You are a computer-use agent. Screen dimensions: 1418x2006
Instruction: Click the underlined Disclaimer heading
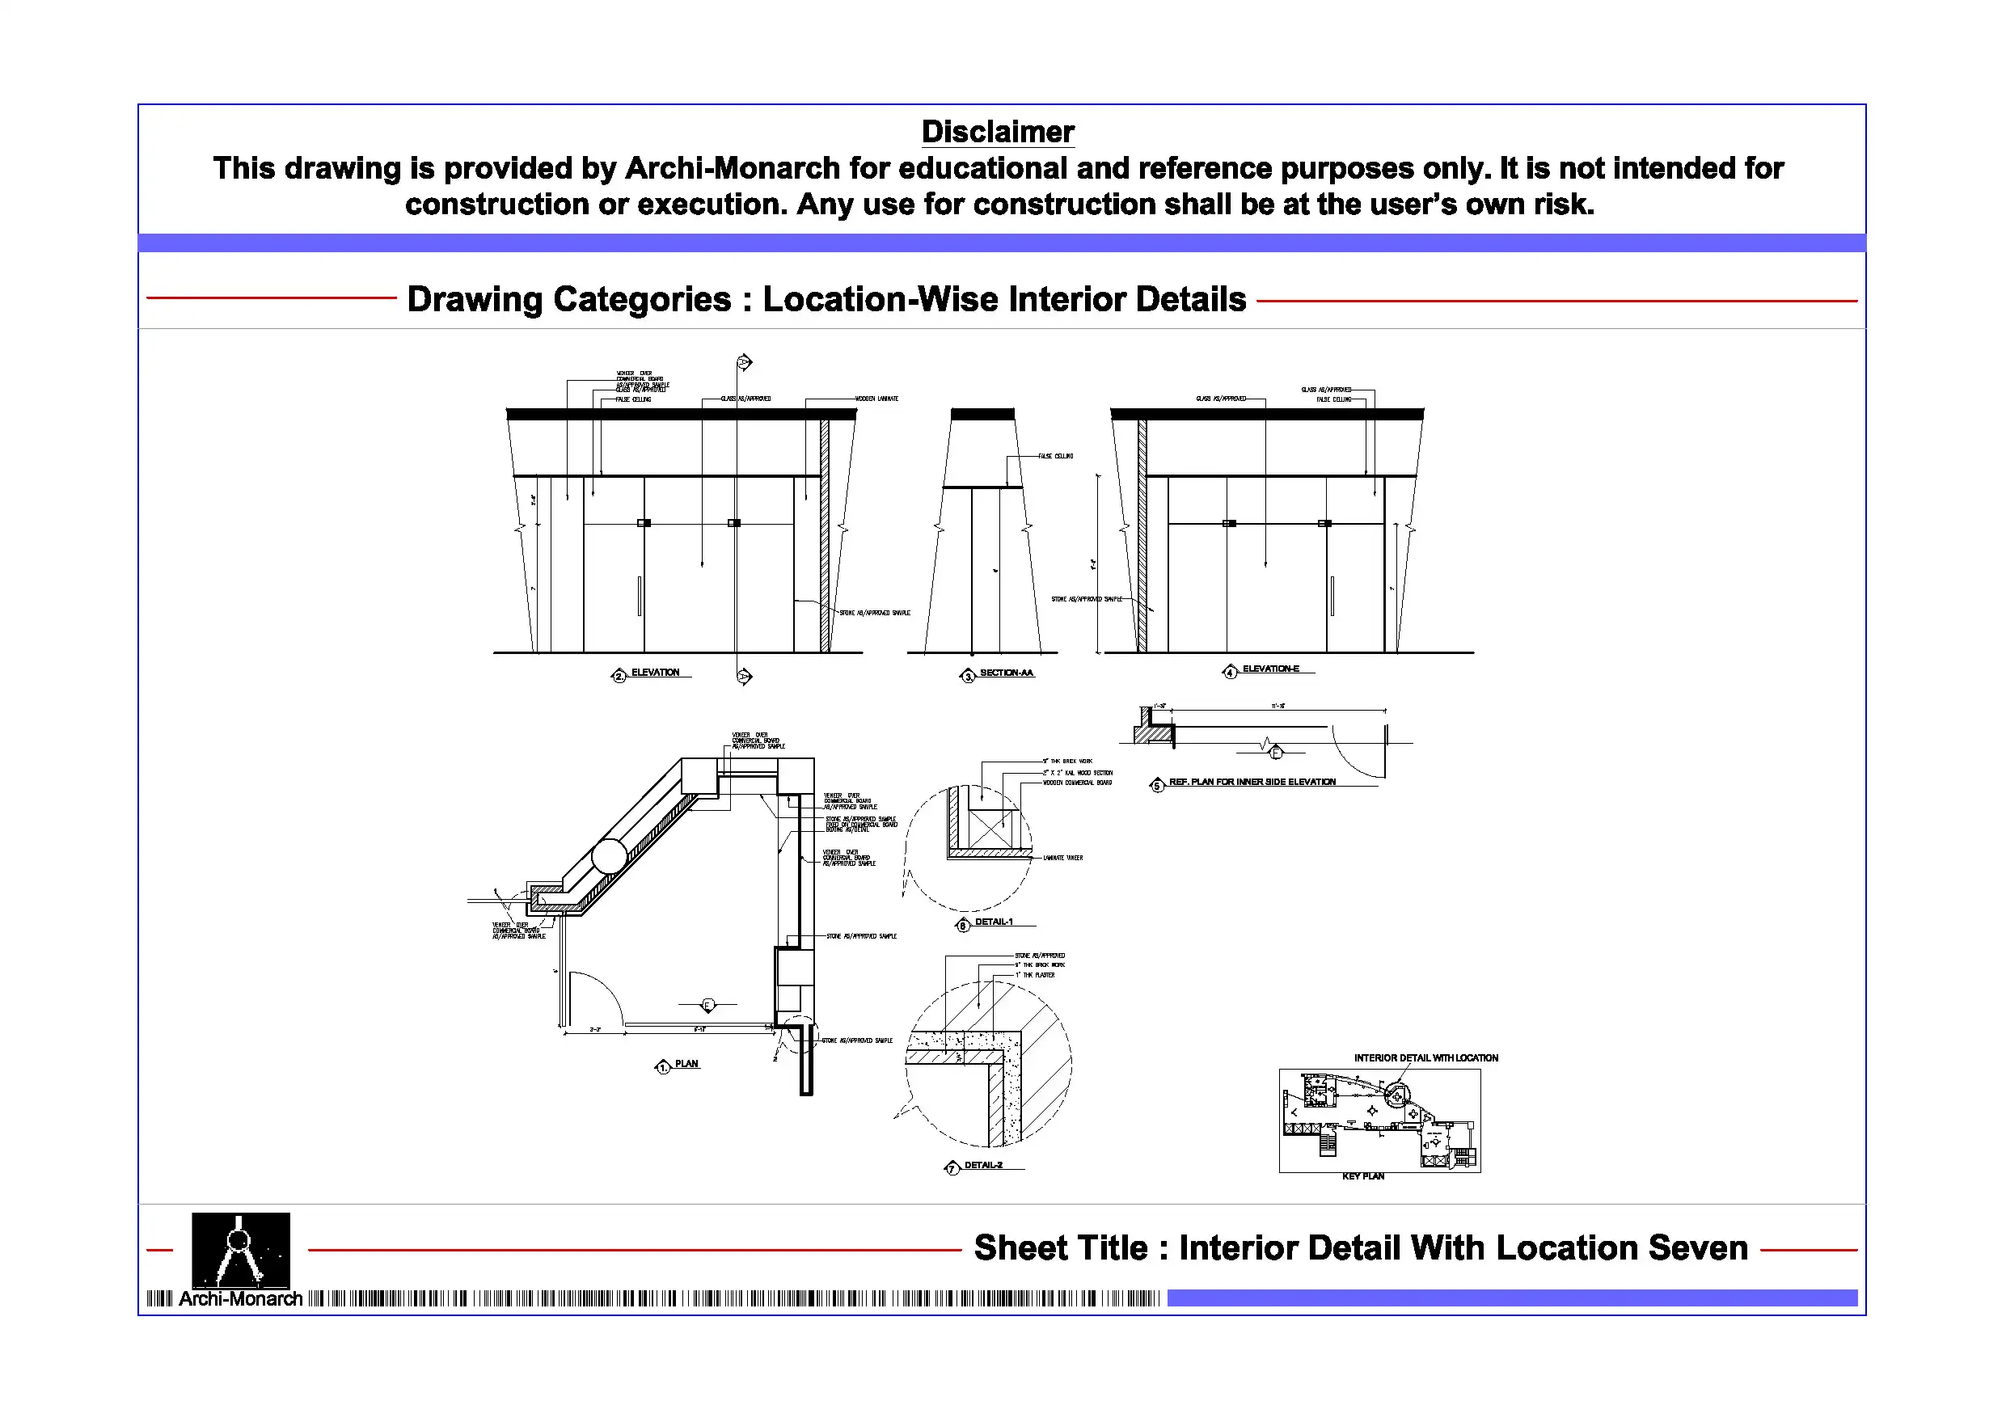997,132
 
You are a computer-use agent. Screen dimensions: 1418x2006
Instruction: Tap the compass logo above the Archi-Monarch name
240,1249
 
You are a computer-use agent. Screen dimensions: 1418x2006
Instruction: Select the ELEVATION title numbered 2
654,673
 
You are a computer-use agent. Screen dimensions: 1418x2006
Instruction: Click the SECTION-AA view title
1006,673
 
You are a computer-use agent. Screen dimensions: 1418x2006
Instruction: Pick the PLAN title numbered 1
686,1064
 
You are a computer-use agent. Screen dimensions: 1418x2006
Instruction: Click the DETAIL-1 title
994,922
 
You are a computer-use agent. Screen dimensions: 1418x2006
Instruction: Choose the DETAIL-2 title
983,1166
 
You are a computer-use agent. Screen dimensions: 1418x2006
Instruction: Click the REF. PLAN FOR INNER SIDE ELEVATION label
1251,782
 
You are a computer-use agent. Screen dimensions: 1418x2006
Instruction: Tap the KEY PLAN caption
1362,1177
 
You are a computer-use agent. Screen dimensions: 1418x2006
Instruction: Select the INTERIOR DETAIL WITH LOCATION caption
1425,1058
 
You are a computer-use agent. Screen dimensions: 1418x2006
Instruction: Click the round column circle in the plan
609,856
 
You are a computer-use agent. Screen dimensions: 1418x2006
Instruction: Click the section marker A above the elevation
744,361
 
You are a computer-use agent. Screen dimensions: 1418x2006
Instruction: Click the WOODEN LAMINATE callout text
876,399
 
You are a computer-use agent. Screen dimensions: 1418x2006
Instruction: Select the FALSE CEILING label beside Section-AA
1055,456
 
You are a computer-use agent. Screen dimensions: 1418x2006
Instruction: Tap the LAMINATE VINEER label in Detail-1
1062,858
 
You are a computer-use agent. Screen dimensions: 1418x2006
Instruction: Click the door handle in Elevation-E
1332,596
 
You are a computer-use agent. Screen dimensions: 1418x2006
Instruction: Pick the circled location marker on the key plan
1396,1094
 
